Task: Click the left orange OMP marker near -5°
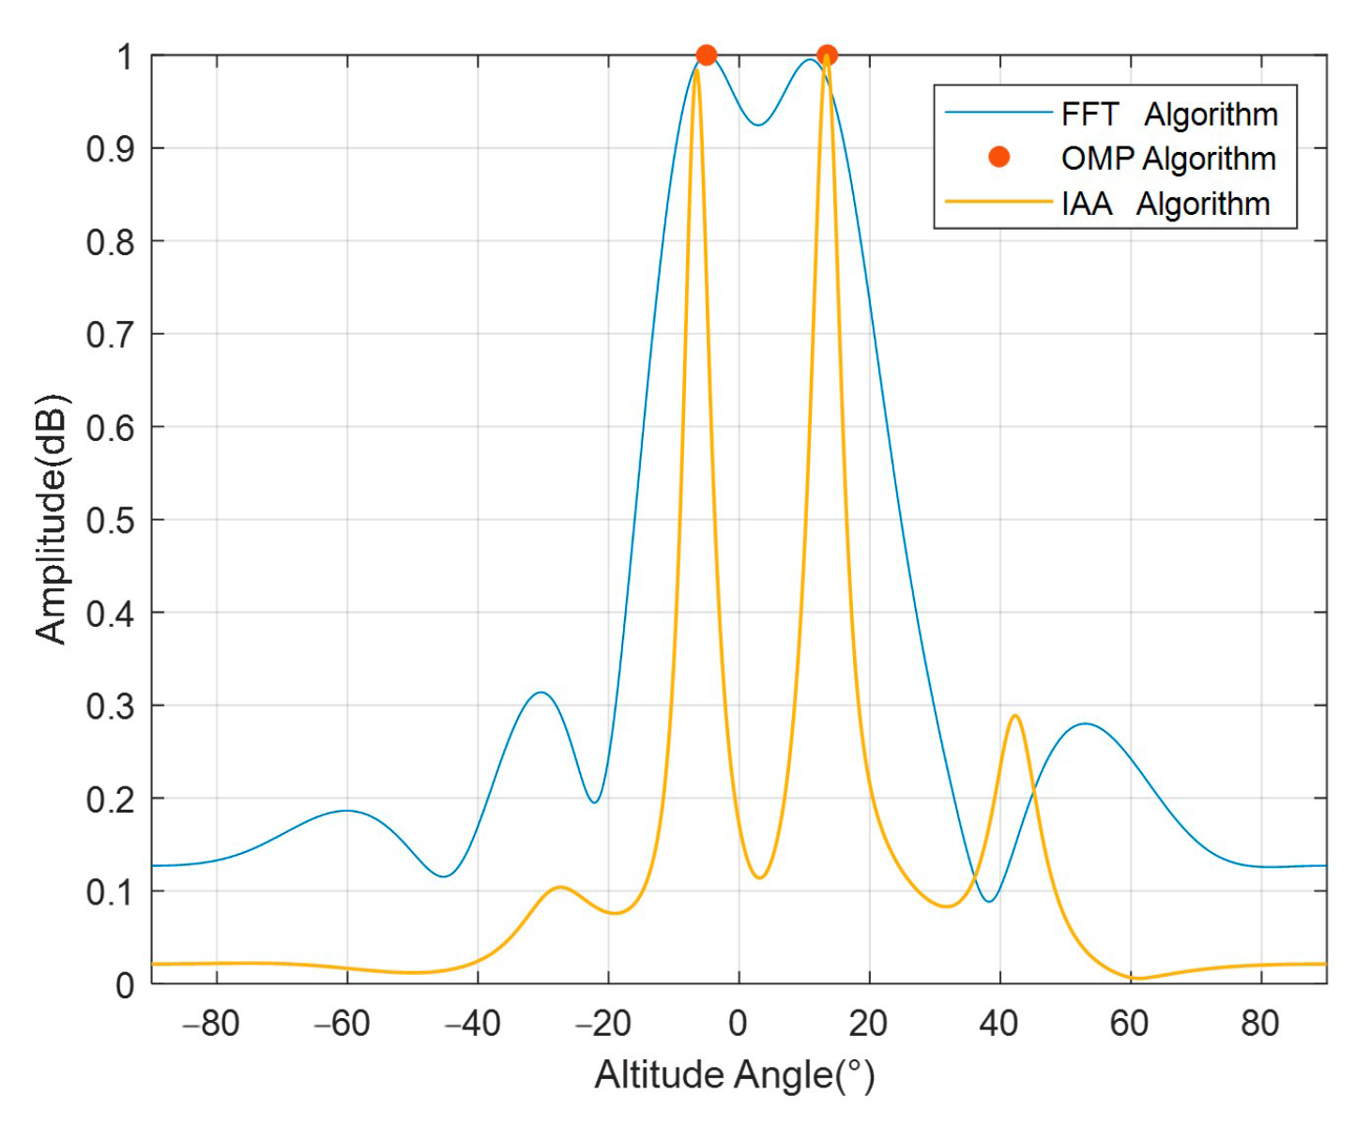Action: tap(707, 55)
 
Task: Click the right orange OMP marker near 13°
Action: tap(827, 55)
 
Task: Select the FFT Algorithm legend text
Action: tap(1169, 114)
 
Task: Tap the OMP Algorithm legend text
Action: tap(1168, 159)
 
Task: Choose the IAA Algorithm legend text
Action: tap(1165, 204)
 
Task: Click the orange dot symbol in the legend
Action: tap(999, 157)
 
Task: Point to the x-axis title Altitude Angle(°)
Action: tap(735, 1075)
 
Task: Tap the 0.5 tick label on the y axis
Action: tap(111, 520)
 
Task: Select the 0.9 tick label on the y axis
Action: tap(111, 148)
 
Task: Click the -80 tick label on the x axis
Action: tap(211, 1024)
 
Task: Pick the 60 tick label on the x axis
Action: tap(1129, 1024)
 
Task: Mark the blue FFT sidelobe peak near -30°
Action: tap(541, 692)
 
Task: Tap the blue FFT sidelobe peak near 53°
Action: tap(1085, 723)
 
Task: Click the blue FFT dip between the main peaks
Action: tap(758, 125)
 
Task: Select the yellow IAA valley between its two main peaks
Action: tap(759, 877)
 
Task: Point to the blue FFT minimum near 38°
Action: tap(988, 901)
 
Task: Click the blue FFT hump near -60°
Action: tap(346, 810)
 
